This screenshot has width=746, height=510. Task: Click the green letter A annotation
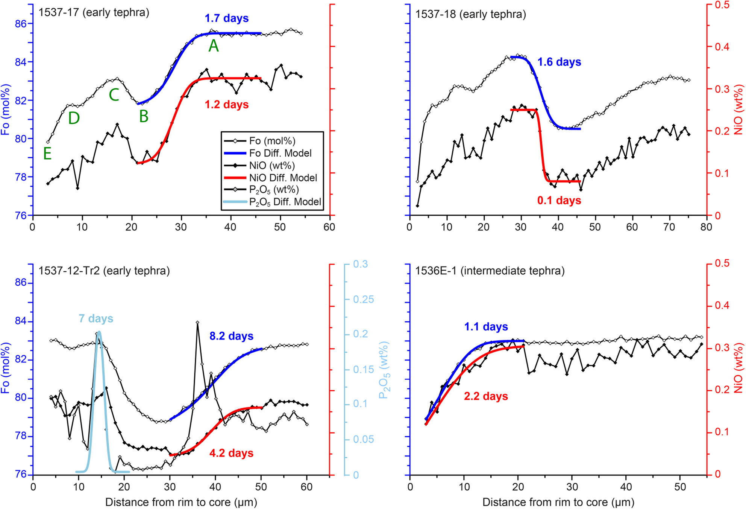click(x=214, y=46)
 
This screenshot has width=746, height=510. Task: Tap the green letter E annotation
click(x=47, y=154)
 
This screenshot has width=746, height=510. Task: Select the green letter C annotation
click(x=114, y=95)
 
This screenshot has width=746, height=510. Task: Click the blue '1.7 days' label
click(x=226, y=18)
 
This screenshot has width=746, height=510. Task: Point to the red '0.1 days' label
click(x=559, y=201)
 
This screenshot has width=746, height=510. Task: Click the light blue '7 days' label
click(x=96, y=318)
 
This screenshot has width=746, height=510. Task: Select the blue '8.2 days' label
click(x=231, y=336)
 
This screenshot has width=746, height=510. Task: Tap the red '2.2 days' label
click(x=486, y=396)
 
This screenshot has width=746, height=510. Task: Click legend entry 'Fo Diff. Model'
click(x=280, y=153)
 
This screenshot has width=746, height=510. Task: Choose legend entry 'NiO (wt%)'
click(x=272, y=165)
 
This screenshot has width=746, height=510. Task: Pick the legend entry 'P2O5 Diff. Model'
click(x=285, y=202)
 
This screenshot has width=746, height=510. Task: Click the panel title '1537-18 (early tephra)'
click(x=470, y=14)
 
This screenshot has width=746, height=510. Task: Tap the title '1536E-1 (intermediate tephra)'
click(x=490, y=271)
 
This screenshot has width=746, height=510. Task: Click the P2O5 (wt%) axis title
click(x=384, y=370)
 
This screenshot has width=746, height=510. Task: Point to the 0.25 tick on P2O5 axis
click(x=363, y=299)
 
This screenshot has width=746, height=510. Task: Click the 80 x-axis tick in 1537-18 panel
click(x=706, y=227)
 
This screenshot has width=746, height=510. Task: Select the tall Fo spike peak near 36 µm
click(x=197, y=323)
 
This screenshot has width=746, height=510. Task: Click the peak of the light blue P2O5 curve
click(x=99, y=332)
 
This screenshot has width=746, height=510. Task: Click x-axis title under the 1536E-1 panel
click(x=558, y=502)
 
